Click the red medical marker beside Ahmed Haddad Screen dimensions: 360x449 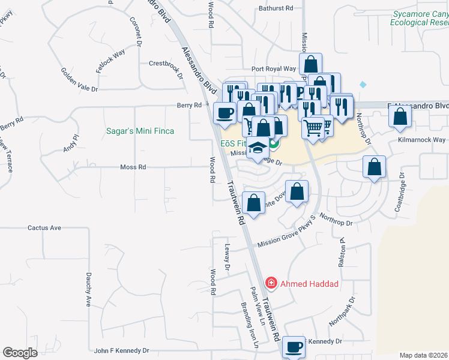pyautogui.click(x=271, y=283)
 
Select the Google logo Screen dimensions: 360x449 pyautogui.click(x=20, y=352)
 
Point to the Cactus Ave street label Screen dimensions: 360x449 pyautogui.click(x=44, y=228)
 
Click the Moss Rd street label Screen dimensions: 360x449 pyautogui.click(x=133, y=167)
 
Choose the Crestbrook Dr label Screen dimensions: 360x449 pyautogui.click(x=166, y=63)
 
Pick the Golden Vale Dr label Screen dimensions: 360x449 pyautogui.click(x=79, y=80)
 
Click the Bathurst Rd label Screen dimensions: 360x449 pyautogui.click(x=276, y=8)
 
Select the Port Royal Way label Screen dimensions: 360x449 pyautogui.click(x=274, y=69)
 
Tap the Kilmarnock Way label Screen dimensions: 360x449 pyautogui.click(x=422, y=140)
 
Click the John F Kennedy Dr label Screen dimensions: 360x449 pyautogui.click(x=121, y=350)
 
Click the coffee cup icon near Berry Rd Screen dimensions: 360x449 pyautogui.click(x=225, y=113)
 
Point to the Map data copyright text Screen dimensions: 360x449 pyautogui.click(x=424, y=355)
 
